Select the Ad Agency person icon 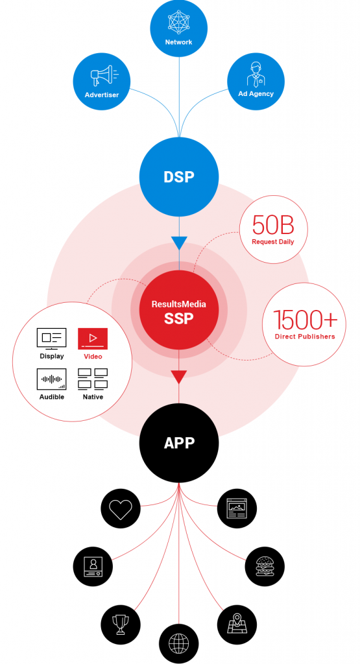(256, 75)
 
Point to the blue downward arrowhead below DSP (178, 244)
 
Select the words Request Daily (273, 242)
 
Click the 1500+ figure (304, 320)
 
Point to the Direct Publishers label (304, 336)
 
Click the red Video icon (93, 338)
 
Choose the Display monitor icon (52, 338)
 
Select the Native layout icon (93, 379)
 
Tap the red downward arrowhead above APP (178, 377)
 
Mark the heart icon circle (121, 508)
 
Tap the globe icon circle (178, 644)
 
